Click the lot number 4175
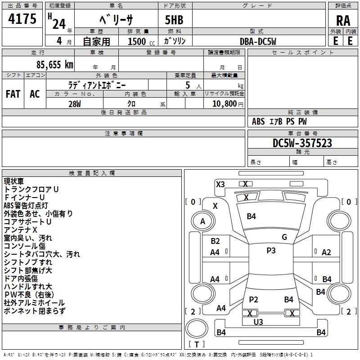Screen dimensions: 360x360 pyautogui.click(x=22, y=18)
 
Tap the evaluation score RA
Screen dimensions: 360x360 pyautogui.click(x=343, y=21)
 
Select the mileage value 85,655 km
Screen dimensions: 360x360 pyautogui.click(x=54, y=64)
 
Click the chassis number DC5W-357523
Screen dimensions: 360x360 pyautogui.click(x=302, y=143)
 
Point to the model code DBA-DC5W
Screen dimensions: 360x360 pyautogui.click(x=258, y=41)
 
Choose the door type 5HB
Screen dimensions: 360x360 pyautogui.click(x=174, y=20)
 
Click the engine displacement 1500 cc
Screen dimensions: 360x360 pyautogui.click(x=141, y=41)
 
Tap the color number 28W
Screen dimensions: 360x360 pyautogui.click(x=75, y=104)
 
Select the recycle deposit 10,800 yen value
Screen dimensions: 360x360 pyautogui.click(x=228, y=103)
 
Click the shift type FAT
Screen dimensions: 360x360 pyautogui.click(x=13, y=94)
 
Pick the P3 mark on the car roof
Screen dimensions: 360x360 pyautogui.click(x=271, y=251)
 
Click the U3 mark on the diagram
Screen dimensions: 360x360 pyautogui.click(x=258, y=322)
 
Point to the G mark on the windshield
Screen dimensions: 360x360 pyautogui.click(x=284, y=237)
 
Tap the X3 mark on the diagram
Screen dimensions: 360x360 pyautogui.click(x=220, y=184)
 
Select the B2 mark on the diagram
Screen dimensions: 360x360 pyautogui.click(x=215, y=241)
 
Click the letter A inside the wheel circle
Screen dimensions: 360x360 pyautogui.click(x=202, y=221)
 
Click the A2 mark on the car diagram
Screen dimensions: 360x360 pyautogui.click(x=326, y=252)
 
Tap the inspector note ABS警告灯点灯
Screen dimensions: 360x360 pyautogui.click(x=26, y=206)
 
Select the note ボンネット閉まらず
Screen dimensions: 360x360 pyautogui.click(x=35, y=311)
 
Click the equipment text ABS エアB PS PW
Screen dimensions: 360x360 pyautogui.click(x=279, y=121)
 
